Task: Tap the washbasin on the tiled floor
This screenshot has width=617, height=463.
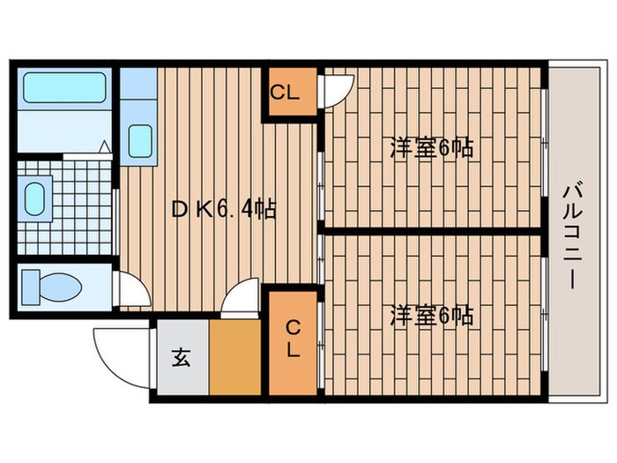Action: pyautogui.click(x=37, y=199)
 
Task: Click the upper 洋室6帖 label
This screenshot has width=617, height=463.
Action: pyautogui.click(x=432, y=148)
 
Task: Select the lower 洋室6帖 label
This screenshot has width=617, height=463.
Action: pyautogui.click(x=432, y=315)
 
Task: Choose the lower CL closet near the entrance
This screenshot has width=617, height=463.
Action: pyautogui.click(x=292, y=339)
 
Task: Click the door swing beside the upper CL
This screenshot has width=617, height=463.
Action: pyautogui.click(x=338, y=86)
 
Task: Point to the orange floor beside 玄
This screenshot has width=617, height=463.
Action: pyautogui.click(x=234, y=357)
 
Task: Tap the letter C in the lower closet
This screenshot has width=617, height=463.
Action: pyautogui.click(x=292, y=327)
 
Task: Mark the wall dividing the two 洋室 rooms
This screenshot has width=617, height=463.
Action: pyautogui.click(x=432, y=231)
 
